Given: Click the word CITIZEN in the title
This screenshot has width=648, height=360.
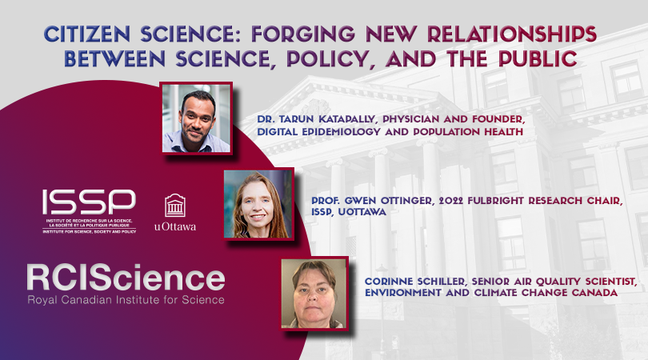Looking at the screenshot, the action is (87, 34).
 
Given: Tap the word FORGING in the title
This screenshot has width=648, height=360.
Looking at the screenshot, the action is (303, 34).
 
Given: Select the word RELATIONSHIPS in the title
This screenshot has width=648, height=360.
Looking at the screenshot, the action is (512, 34).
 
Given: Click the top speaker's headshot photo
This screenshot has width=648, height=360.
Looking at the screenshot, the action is (196, 118).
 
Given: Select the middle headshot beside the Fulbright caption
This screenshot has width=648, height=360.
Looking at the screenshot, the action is (258, 204).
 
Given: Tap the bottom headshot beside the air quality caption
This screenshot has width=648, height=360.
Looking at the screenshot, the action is (314, 294).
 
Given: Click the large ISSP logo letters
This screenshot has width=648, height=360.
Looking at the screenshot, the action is (89, 202).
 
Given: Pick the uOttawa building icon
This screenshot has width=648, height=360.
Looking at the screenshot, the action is (175, 206).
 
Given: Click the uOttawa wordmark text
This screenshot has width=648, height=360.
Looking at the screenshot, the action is (175, 226).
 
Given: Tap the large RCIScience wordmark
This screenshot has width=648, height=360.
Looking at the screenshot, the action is (126, 278).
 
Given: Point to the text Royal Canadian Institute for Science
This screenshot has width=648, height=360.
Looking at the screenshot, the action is (126, 300).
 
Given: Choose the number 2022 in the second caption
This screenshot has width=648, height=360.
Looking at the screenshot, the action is (451, 201).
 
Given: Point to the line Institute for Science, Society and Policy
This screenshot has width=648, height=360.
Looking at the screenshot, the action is (89, 232).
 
